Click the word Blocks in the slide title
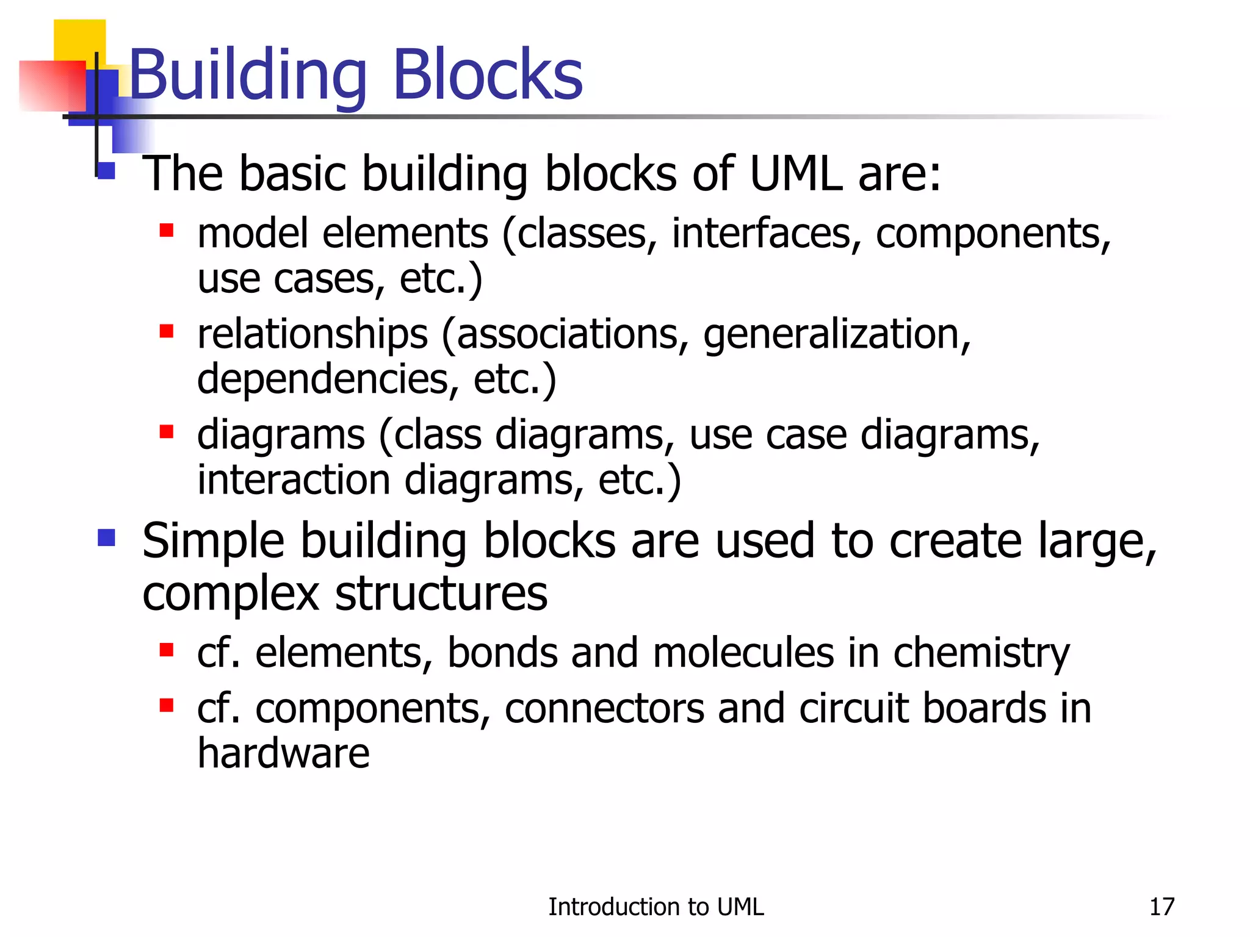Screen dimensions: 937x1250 pos(488,75)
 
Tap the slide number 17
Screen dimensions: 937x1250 pos(1161,907)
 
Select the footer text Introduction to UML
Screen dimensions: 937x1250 pos(656,907)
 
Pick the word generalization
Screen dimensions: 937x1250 pos(836,335)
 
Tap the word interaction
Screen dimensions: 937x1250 pos(294,479)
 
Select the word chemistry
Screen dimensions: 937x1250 pos(981,653)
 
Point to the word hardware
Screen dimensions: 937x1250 pos(283,753)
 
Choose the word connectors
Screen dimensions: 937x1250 pos(604,709)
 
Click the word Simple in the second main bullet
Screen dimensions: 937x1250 pos(213,541)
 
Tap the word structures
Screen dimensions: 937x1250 pos(441,594)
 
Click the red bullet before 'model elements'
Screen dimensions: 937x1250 pos(167,231)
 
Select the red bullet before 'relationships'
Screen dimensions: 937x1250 pos(167,331)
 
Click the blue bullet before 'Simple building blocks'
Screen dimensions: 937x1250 pos(106,537)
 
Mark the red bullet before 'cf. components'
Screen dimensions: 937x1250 pos(167,706)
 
